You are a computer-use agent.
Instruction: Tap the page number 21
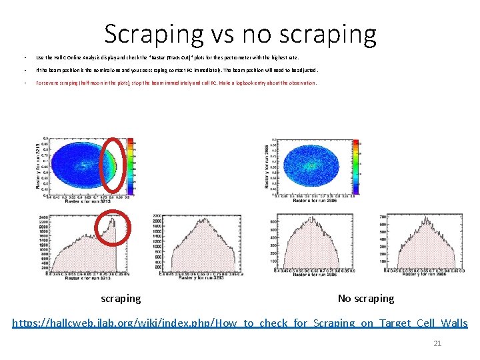(x=437, y=343)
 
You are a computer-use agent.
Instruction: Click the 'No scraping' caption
(x=366, y=299)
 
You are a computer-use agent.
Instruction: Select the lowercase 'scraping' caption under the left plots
(x=121, y=299)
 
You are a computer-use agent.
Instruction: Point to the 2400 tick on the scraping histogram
(x=42, y=218)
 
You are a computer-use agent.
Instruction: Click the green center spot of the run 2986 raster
(x=309, y=163)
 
